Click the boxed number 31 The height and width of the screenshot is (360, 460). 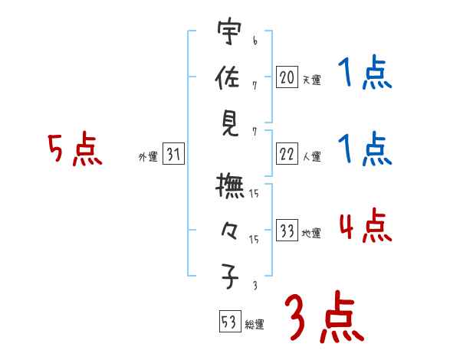coord(173,155)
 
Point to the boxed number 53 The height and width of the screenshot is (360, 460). coord(228,322)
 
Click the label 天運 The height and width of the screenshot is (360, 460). coord(311,80)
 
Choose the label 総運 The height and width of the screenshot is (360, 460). coord(254,325)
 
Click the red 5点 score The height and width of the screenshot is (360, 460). coord(74,149)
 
